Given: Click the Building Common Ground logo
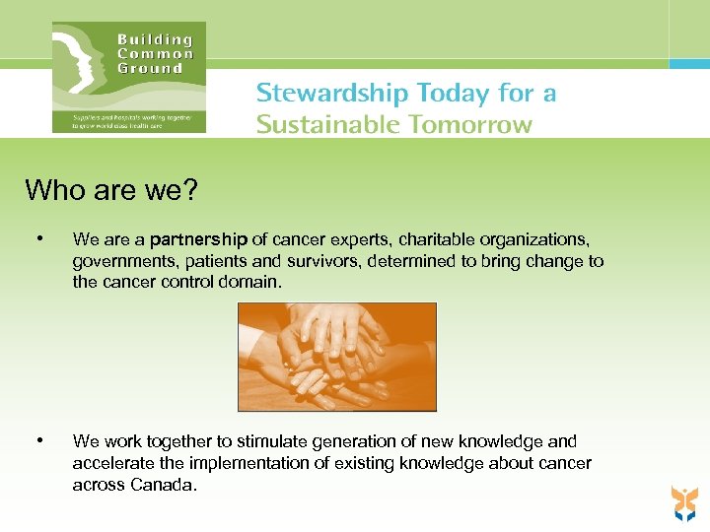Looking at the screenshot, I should (x=129, y=77).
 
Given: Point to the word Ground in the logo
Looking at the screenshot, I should (x=150, y=68).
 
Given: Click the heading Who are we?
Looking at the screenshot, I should (x=111, y=189).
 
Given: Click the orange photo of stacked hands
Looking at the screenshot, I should (x=336, y=357).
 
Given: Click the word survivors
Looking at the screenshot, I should (x=321, y=261).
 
